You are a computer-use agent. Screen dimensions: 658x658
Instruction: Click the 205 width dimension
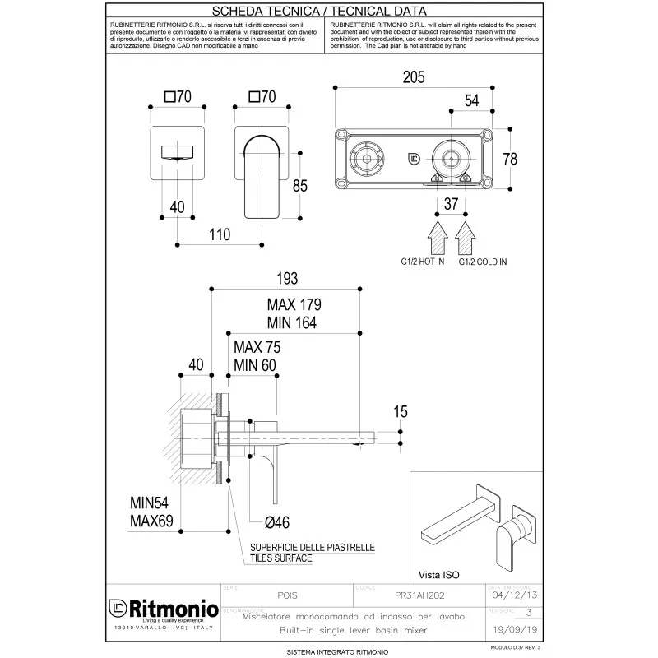414,78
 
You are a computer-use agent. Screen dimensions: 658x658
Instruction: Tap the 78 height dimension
510,159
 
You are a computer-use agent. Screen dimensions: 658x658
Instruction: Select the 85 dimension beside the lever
299,186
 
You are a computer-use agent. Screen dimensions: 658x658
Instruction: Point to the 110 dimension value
219,235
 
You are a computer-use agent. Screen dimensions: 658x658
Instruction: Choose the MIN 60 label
255,365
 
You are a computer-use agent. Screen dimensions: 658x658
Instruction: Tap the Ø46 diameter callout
276,521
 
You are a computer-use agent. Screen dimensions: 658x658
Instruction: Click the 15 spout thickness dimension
400,411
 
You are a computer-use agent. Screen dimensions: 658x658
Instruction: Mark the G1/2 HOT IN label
416,262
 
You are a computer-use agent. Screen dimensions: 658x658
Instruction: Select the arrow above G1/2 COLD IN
466,238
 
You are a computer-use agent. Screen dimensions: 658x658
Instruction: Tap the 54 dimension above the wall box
471,100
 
